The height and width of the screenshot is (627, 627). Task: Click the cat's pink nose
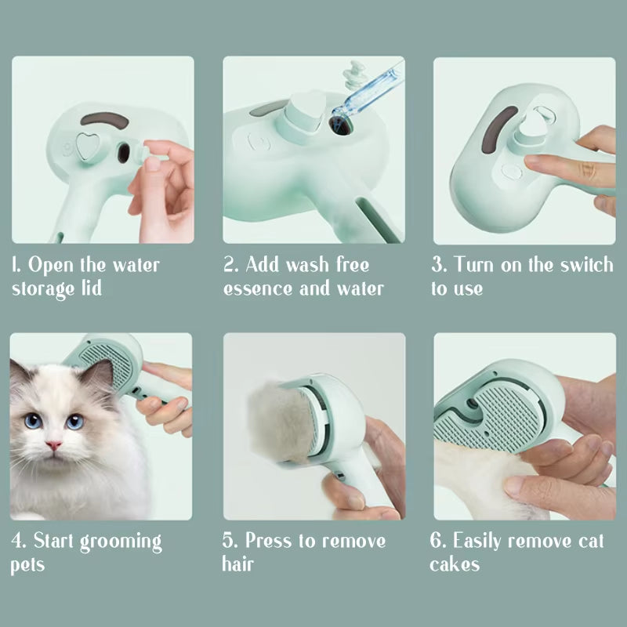coord(54,444)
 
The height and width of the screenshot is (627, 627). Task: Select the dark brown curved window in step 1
coord(105,120)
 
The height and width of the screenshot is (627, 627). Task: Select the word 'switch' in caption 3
coord(585,264)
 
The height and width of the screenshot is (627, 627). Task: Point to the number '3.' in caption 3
coord(439,264)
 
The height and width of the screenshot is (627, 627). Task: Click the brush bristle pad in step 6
coord(502,419)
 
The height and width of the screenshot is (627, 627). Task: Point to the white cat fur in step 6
coord(470,478)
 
